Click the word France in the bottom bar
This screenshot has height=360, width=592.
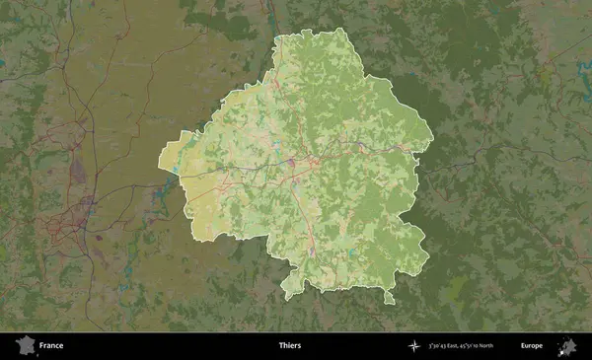[51, 346]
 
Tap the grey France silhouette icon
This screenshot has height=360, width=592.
[24, 345]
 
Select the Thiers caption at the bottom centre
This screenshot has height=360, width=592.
[290, 346]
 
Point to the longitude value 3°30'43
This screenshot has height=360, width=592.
[441, 346]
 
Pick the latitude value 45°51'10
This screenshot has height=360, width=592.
[486, 346]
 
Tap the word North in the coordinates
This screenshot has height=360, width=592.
[510, 346]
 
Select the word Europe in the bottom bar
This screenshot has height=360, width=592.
[531, 346]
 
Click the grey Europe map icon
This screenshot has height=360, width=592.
[567, 345]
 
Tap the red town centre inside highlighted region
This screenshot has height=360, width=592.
[314, 158]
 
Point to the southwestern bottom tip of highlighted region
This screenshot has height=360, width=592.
[288, 296]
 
